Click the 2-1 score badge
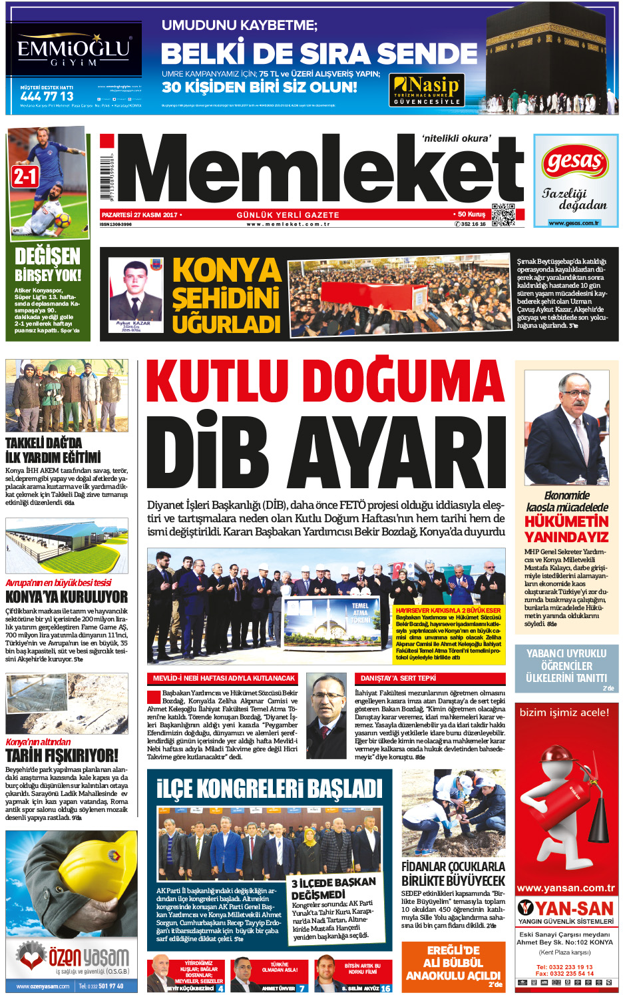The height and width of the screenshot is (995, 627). click(x=25, y=176)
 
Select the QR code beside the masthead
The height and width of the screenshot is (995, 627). click(x=503, y=215)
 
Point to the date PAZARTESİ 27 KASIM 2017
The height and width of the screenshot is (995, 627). click(x=140, y=215)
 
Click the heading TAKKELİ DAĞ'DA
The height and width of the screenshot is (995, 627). click(x=44, y=443)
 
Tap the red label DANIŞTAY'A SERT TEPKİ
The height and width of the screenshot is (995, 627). click(x=398, y=678)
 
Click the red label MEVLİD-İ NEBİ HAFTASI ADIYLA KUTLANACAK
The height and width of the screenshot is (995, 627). click(x=224, y=678)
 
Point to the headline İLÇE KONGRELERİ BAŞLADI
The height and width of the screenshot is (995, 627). click(x=270, y=789)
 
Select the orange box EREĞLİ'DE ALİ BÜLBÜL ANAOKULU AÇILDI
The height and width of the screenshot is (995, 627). click(x=453, y=963)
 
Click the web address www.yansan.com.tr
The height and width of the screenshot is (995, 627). click(x=566, y=888)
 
